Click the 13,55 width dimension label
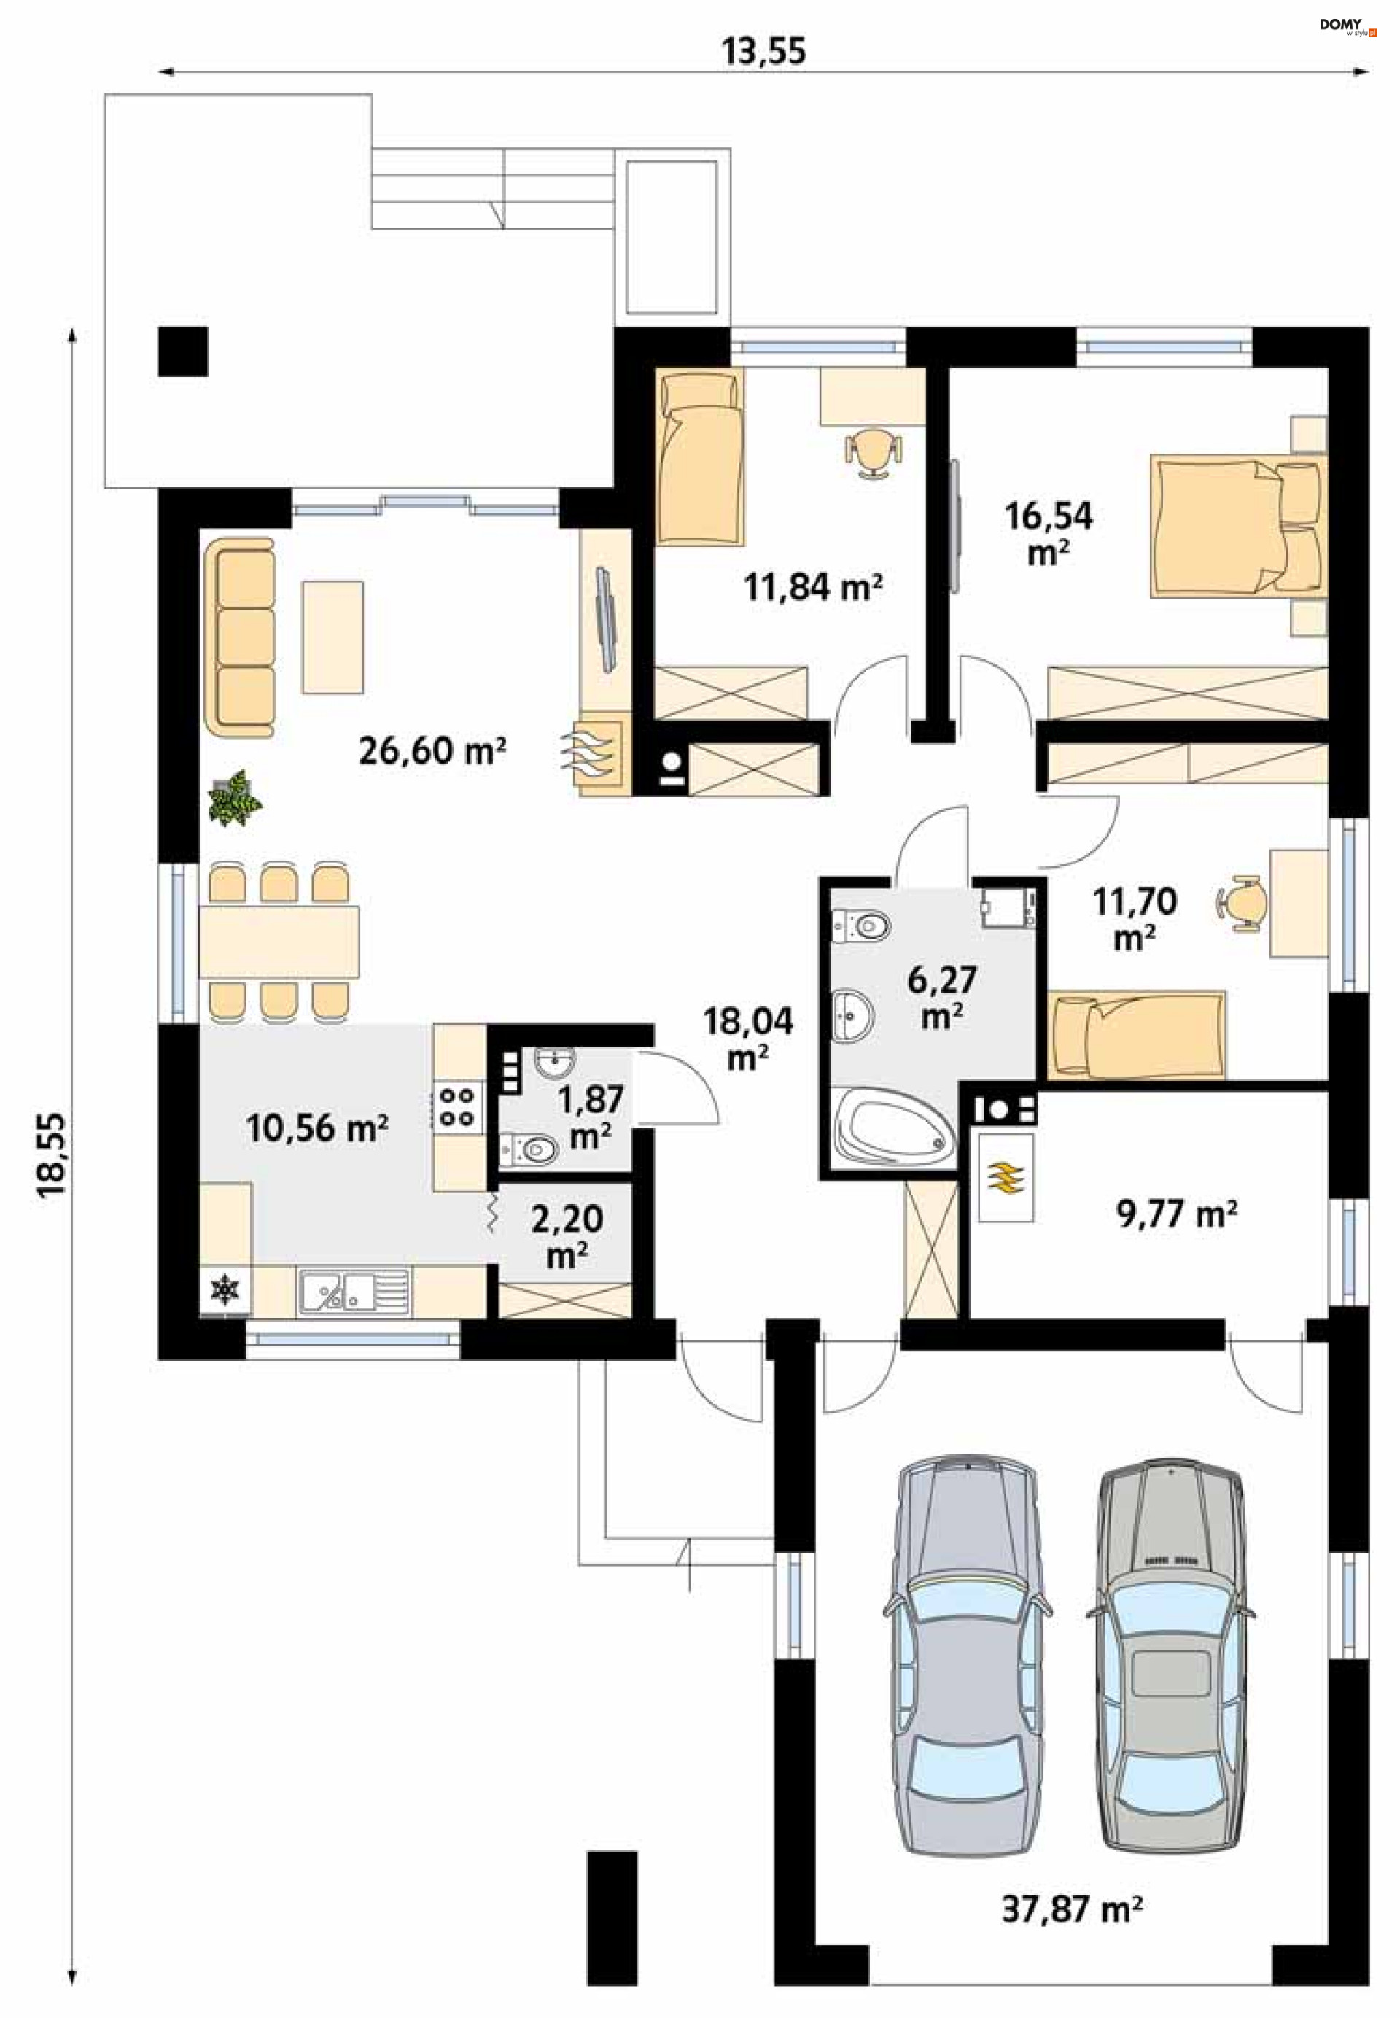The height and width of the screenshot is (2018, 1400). pyautogui.click(x=763, y=51)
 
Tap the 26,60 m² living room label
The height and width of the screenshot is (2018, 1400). pyautogui.click(x=432, y=751)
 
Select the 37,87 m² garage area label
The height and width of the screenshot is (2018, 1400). pyautogui.click(x=1072, y=1909)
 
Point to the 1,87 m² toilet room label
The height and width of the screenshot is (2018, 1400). pyautogui.click(x=591, y=1117)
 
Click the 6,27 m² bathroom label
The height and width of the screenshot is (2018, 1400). pyautogui.click(x=942, y=998)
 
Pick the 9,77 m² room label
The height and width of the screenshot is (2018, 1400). pyautogui.click(x=1176, y=1214)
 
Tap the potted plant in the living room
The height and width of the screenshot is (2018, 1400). pyautogui.click(x=234, y=798)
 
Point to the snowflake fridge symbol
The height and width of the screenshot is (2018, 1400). pyautogui.click(x=225, y=1289)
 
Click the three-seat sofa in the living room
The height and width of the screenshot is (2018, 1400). pyautogui.click(x=239, y=638)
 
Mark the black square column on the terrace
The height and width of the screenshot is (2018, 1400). pyautogui.click(x=182, y=351)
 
